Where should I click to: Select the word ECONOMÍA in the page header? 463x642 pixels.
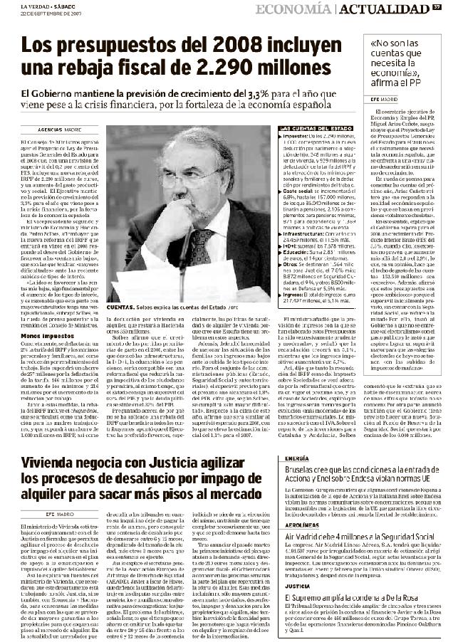click(293, 9)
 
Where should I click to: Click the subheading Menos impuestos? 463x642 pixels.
click(41, 315)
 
